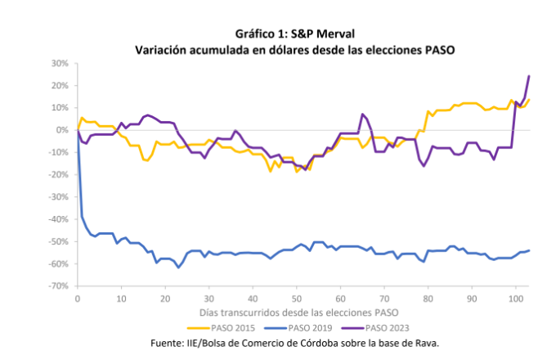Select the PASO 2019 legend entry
[307, 327]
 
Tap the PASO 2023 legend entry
[388, 327]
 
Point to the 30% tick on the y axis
[58, 63]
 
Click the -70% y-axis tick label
[56, 286]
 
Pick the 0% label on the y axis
[61, 130]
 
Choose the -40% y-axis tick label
[56, 219]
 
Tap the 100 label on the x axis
[515, 299]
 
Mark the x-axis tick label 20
[164, 299]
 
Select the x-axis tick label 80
[428, 299]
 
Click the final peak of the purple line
[529, 76]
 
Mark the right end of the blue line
[529, 250]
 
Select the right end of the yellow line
[529, 100]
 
